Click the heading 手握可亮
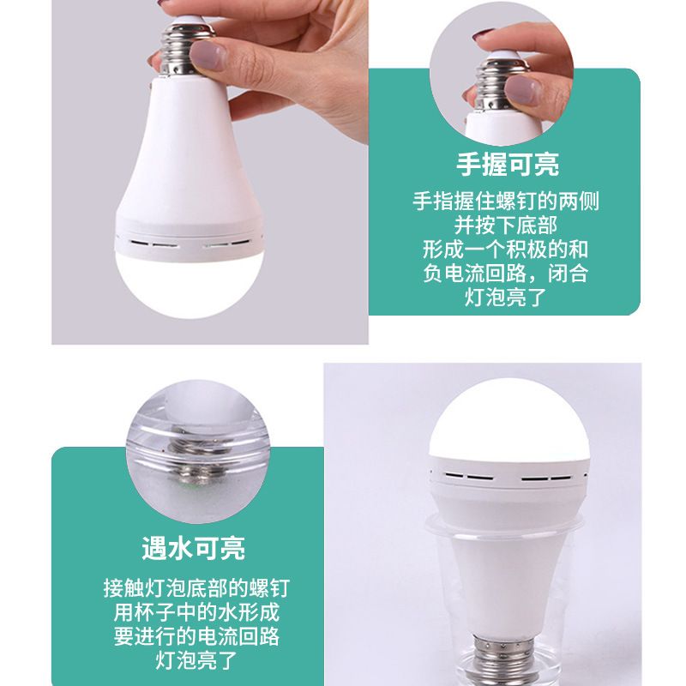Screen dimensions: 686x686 tap(505, 165)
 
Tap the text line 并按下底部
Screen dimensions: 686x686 tap(505, 226)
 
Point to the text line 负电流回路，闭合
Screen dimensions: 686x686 tap(505, 274)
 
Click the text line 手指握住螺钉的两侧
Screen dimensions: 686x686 tap(505, 202)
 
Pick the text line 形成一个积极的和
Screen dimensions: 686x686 tap(505, 250)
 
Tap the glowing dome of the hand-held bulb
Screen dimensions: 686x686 tap(189, 279)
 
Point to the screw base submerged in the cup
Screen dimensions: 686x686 tap(504, 661)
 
